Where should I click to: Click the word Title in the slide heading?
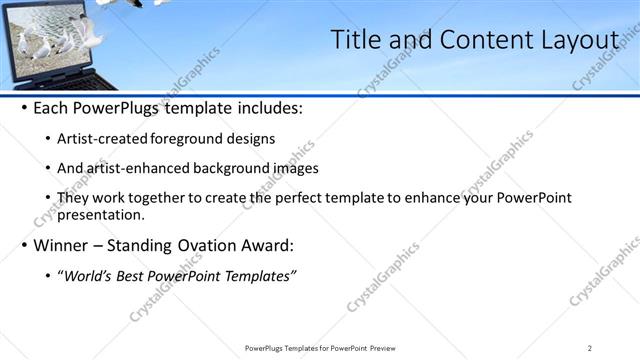tap(353, 40)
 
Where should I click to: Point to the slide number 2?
tap(589, 348)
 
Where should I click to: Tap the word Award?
tap(265, 245)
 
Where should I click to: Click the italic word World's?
tap(87, 275)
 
